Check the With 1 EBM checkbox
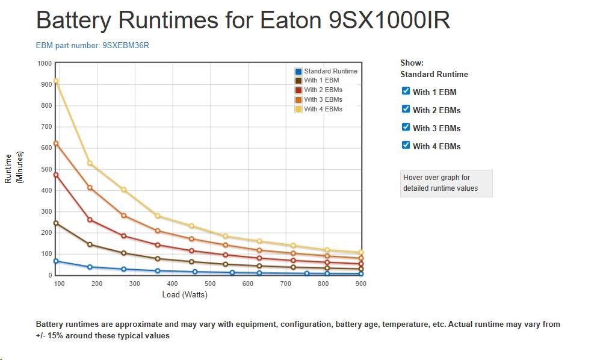pos(406,92)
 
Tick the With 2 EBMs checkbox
pos(406,110)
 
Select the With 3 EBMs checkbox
pos(406,128)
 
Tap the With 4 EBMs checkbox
pos(406,146)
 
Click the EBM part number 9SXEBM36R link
pos(92,45)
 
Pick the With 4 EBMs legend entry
pos(323,109)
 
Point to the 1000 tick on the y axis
pos(44,63)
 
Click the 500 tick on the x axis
pos(210,284)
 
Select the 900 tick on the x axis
pos(360,284)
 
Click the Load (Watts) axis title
pos(185,295)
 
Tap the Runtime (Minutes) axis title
pos(13,169)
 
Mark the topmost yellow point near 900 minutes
pos(56,81)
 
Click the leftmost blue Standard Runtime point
pos(56,261)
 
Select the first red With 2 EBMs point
pos(56,175)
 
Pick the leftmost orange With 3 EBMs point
pos(56,143)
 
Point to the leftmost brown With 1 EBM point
pos(56,223)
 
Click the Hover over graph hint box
pos(446,183)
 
